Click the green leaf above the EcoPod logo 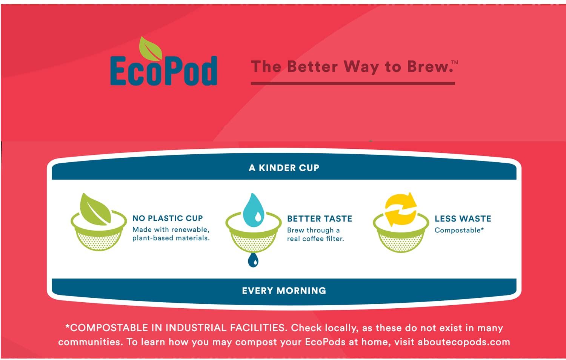click(x=151, y=49)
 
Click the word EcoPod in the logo click(x=164, y=71)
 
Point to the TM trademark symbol click(x=455, y=62)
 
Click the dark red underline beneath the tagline click(x=353, y=83)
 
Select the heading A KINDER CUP click(x=284, y=168)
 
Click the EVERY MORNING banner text click(x=284, y=291)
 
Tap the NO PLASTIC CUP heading click(x=168, y=218)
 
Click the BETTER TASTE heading click(x=320, y=218)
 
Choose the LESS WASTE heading click(x=463, y=218)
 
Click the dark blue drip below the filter click(x=253, y=260)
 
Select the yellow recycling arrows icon click(x=400, y=209)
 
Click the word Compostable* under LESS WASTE click(x=459, y=230)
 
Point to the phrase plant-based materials click(x=171, y=238)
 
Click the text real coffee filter click(x=315, y=238)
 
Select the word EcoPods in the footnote click(x=325, y=342)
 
